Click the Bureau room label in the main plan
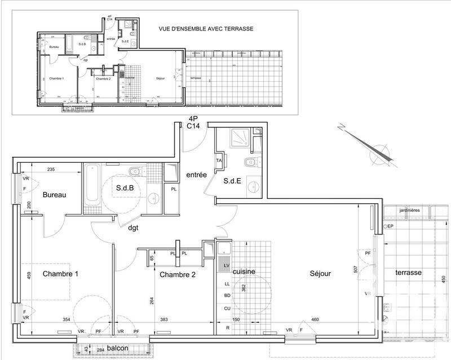[x=55, y=195]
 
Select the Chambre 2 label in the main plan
[x=177, y=275]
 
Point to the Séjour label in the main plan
[x=320, y=274]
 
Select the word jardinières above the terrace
[x=410, y=210]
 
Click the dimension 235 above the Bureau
[x=51, y=168]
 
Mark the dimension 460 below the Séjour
[x=315, y=321]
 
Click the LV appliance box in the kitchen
[x=227, y=265]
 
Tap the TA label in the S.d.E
[x=219, y=161]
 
